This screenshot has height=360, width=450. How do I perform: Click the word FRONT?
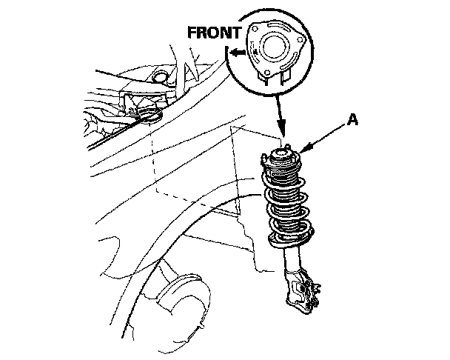click(x=214, y=33)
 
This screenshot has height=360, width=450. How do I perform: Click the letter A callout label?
click(x=352, y=119)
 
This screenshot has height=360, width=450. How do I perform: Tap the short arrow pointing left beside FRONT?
click(x=238, y=53)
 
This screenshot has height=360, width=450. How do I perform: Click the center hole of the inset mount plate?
click(x=275, y=47)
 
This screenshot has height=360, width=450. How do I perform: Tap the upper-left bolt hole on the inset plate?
click(x=255, y=28)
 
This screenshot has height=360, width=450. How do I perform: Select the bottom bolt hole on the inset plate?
click(x=267, y=73)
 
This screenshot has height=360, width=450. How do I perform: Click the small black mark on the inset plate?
click(x=255, y=51)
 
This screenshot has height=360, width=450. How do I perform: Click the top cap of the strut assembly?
click(x=281, y=156)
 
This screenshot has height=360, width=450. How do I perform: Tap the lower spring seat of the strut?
click(x=291, y=239)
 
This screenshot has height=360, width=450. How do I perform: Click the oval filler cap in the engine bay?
click(x=160, y=77)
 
